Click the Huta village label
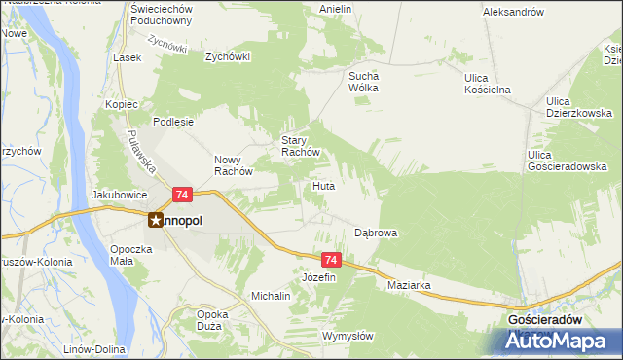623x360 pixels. (324, 185)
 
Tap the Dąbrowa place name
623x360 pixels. (376, 234)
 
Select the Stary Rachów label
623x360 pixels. (300, 146)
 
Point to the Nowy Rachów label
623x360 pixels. (234, 165)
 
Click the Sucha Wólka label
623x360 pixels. (363, 81)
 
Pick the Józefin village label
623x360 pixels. (318, 277)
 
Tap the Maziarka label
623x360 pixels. (409, 285)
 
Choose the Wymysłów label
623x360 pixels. (348, 336)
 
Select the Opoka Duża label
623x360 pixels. (213, 320)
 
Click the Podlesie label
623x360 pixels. (176, 123)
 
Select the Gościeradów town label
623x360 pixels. (545, 319)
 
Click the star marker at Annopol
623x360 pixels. (156, 221)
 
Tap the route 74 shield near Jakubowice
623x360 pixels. (182, 196)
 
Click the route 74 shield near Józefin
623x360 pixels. (332, 260)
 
